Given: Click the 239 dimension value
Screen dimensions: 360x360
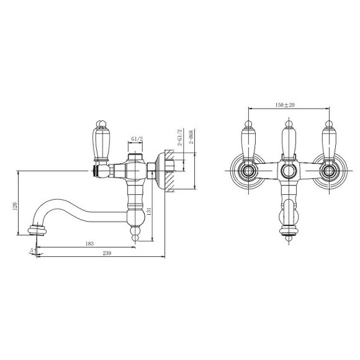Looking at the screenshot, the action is pyautogui.click(x=107, y=253).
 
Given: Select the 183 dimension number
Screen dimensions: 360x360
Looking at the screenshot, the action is pyautogui.click(x=89, y=243).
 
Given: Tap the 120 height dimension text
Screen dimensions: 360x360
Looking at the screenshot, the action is pyautogui.click(x=15, y=207).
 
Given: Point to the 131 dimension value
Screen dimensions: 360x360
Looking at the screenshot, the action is pyautogui.click(x=149, y=212).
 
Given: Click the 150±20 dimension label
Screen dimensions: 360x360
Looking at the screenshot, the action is pyautogui.click(x=285, y=105).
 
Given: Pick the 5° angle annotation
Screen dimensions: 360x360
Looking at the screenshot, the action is pyautogui.click(x=33, y=250).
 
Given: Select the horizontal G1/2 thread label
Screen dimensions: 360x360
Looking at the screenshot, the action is pyautogui.click(x=137, y=138).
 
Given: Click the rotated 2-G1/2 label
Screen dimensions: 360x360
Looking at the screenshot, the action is pyautogui.click(x=180, y=137).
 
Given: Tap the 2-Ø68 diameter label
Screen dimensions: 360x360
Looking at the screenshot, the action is pyautogui.click(x=191, y=137).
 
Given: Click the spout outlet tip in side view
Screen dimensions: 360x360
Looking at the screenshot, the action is pyautogui.click(x=37, y=230).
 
